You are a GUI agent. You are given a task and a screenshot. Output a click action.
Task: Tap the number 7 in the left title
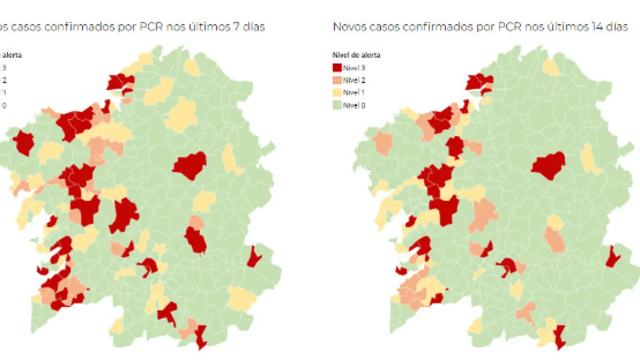[x=235, y=27]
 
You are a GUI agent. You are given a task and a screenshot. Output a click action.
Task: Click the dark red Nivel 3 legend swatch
[x=337, y=67]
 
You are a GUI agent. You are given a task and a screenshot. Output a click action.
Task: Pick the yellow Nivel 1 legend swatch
[x=337, y=92]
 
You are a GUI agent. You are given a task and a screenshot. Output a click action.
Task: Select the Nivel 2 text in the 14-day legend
[x=354, y=80]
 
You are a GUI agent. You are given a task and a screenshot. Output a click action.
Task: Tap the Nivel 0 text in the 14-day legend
[x=354, y=105]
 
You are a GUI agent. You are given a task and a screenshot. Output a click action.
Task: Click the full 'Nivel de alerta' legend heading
[x=356, y=55]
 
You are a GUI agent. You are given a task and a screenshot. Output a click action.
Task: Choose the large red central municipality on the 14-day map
[x=548, y=165]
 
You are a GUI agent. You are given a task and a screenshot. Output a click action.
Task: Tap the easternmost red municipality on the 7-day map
[x=254, y=257]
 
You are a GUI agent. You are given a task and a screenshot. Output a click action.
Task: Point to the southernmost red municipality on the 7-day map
[x=201, y=336]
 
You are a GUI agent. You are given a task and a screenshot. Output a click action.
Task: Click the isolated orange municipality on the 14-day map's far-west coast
[x=383, y=142]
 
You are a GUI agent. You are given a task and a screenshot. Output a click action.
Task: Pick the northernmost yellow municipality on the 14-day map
[x=551, y=66]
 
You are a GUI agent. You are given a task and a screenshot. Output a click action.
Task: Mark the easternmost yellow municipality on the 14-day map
[x=590, y=158]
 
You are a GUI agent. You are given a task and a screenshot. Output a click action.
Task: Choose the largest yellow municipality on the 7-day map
[x=182, y=115]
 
